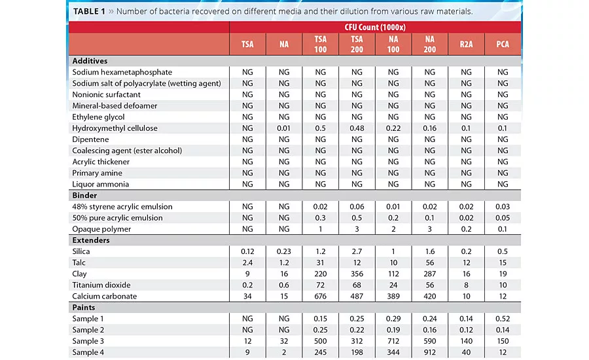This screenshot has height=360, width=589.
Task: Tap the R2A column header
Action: coord(466,45)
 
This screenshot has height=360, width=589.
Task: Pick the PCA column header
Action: coord(503,45)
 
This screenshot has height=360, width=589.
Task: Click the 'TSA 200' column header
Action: coord(356,45)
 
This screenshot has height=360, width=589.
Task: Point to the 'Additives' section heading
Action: coord(90,61)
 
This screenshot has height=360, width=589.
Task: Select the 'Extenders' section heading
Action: coord(91,240)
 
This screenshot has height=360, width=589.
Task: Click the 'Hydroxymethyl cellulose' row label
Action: coord(115,128)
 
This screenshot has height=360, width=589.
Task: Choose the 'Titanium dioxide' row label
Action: coord(102,285)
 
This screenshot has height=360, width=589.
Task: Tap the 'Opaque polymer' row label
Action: coord(101,229)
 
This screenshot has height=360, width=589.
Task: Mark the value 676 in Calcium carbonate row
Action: coord(319,297)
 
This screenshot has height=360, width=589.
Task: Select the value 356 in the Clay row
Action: coord(356,274)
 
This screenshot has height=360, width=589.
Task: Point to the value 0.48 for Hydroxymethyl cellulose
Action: coord(356,128)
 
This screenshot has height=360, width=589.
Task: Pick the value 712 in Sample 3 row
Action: coord(393,341)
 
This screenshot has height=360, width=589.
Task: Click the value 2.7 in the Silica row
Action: coord(356,251)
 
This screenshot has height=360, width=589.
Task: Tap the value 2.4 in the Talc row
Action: coord(247,262)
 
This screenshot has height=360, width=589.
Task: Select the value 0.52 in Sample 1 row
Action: coord(503,319)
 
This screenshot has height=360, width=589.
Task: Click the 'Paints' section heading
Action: coord(84,308)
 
